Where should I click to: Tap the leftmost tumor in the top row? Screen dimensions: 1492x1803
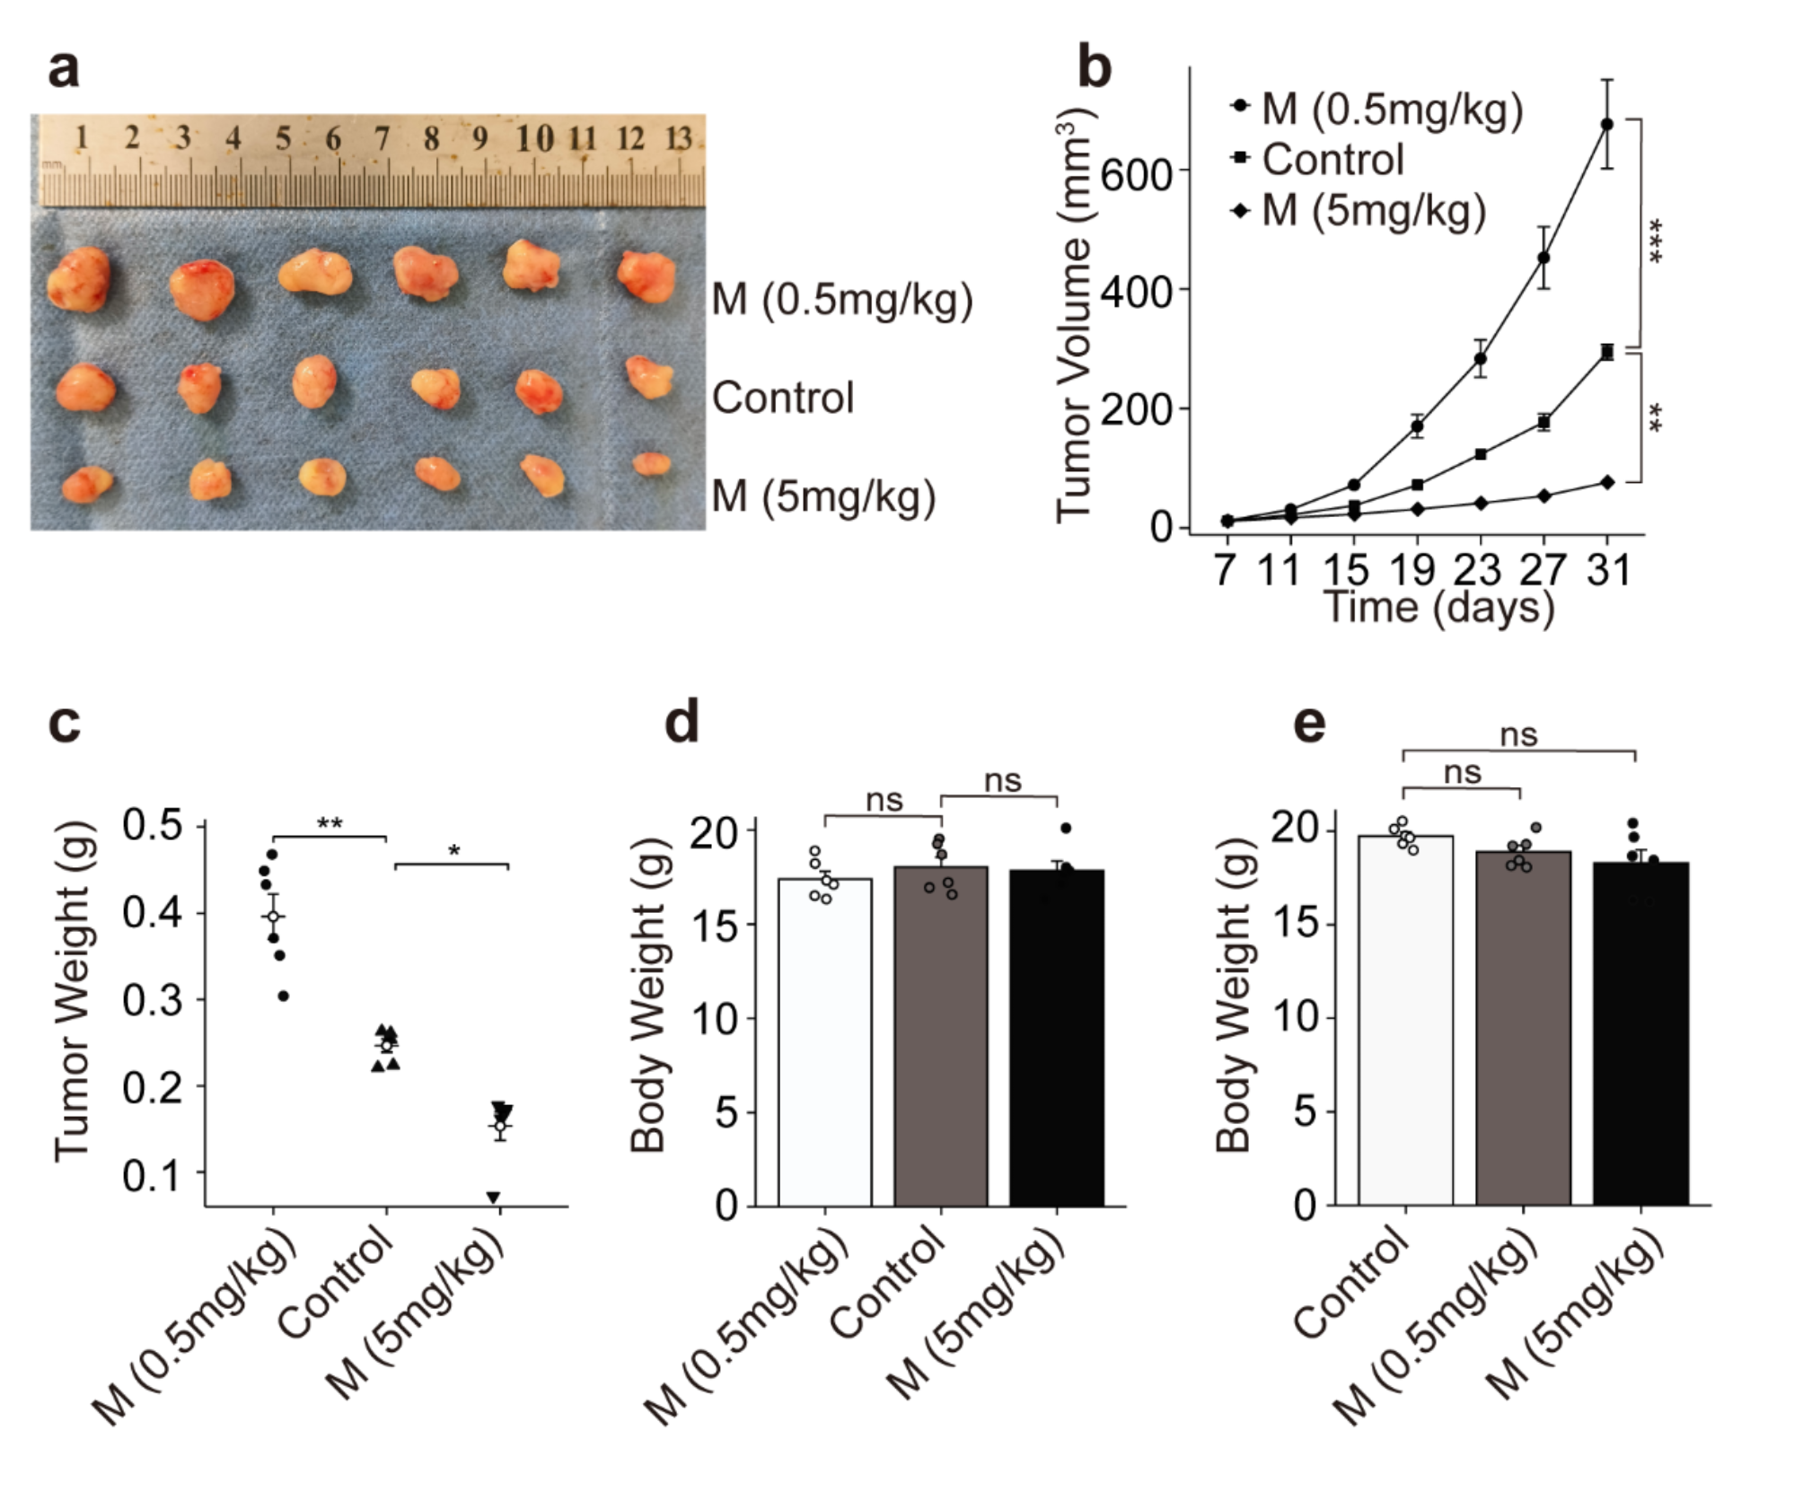point(80,280)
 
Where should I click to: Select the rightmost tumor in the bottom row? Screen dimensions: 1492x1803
point(651,463)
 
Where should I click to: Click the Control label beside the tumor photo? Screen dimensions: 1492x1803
point(782,398)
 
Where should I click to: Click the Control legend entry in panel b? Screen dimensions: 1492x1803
point(1332,160)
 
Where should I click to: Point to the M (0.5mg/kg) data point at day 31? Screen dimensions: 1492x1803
point(1606,124)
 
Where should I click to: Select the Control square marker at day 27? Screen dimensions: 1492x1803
point(1544,421)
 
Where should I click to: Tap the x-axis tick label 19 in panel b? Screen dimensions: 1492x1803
point(1416,570)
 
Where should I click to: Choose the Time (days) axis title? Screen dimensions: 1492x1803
point(1438,608)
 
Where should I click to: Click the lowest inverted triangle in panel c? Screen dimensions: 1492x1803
point(493,1197)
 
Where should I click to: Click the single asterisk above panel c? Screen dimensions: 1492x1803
point(453,850)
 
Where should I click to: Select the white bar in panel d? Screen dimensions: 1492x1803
point(824,1041)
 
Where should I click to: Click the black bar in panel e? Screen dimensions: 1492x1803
point(1640,1032)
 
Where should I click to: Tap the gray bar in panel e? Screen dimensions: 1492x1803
point(1523,1028)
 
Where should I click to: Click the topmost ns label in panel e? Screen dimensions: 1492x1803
point(1519,736)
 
